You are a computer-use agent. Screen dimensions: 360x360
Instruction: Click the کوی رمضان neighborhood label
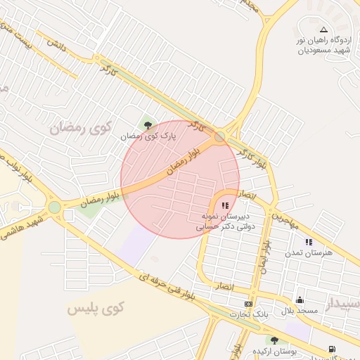[82, 128]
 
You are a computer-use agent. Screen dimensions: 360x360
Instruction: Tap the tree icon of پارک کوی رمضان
[148, 125]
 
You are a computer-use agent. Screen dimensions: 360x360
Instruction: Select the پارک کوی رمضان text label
[148, 136]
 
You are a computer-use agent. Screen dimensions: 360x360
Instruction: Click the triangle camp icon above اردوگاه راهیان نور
[323, 30]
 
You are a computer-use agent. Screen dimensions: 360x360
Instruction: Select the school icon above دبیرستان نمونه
[224, 205]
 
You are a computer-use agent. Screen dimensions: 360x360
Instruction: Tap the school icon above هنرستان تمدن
[309, 242]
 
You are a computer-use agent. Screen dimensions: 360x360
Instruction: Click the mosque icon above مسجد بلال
[300, 300]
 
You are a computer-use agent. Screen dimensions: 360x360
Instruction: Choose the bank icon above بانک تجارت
[247, 304]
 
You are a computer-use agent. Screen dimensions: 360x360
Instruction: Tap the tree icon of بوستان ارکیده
[274, 340]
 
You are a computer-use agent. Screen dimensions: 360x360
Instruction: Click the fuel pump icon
[331, 349]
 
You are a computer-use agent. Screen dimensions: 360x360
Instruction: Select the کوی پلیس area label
[97, 307]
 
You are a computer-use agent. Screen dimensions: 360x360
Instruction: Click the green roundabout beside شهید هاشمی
[54, 207]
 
